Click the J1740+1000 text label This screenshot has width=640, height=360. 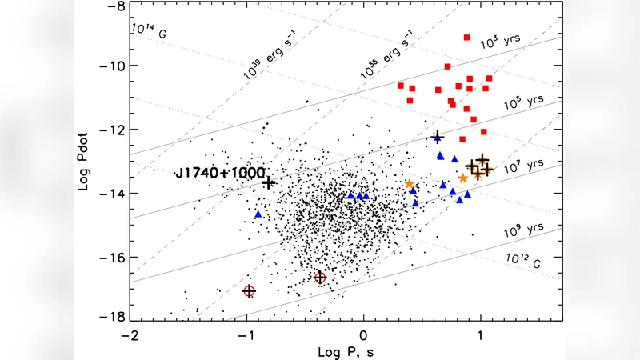pos(219,173)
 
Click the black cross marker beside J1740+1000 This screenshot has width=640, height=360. pos(269,182)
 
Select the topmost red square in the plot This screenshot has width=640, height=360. pos(466,38)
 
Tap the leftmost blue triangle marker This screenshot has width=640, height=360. pos(258,214)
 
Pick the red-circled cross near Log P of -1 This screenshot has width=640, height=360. pos(249,291)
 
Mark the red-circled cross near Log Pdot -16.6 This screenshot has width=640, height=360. pos(320,278)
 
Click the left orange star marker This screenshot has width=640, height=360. pos(410,184)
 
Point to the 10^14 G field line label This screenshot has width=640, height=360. pos(148,29)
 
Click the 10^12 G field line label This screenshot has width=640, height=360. pos(525,256)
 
